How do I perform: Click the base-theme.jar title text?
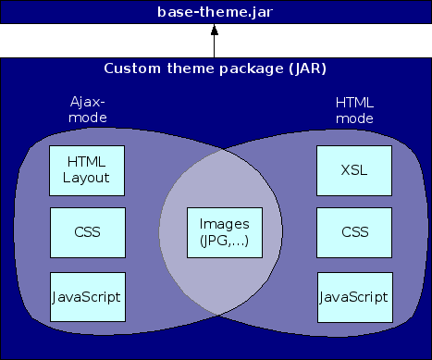pyautogui.click(x=215, y=12)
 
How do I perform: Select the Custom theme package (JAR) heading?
pyautogui.click(x=215, y=68)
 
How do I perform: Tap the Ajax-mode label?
pyautogui.click(x=89, y=109)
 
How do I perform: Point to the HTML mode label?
pyautogui.click(x=352, y=109)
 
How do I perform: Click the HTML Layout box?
pyautogui.click(x=87, y=170)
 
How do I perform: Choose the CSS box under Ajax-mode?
pyautogui.click(x=87, y=230)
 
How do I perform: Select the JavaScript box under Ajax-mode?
pyautogui.click(x=87, y=296)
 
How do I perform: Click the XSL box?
pyautogui.click(x=352, y=170)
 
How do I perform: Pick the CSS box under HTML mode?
pyautogui.click(x=352, y=230)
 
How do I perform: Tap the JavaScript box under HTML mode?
pyautogui.click(x=352, y=296)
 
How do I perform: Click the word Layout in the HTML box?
pyautogui.click(x=87, y=178)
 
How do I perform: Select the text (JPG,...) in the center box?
pyautogui.click(x=223, y=242)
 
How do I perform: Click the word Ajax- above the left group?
pyautogui.click(x=89, y=102)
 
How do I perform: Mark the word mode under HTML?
pyautogui.click(x=352, y=118)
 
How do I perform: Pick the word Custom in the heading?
pyautogui.click(x=130, y=68)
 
